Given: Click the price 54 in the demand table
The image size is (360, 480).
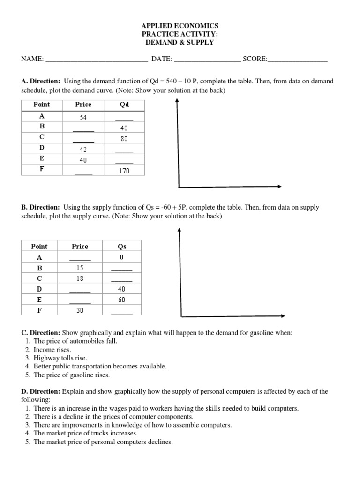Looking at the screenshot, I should pos(83,116).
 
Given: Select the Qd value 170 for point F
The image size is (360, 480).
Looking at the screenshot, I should pos(124,171).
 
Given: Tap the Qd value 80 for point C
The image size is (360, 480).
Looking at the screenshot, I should pos(124,138).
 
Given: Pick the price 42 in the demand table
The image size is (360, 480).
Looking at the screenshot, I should pos(83,150).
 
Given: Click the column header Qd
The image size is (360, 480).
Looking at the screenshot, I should pos(124,105).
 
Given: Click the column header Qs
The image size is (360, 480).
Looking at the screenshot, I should pos(122,246).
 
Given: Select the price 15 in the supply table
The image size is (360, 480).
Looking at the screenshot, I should pos(80,268).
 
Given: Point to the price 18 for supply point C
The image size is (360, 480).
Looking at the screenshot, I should pos(80,278).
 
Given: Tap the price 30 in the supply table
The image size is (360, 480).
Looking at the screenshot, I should pos(80,310).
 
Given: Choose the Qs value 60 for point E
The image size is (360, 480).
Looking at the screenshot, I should pos(122,300).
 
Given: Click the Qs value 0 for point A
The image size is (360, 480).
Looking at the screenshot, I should pos(122,257).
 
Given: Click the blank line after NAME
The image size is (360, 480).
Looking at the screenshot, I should pos(97,60).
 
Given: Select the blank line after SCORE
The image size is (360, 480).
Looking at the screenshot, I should pos(297,60).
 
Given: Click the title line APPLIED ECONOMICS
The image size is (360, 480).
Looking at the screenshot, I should pos(180,26).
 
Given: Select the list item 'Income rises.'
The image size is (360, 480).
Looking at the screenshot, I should pos(52,350).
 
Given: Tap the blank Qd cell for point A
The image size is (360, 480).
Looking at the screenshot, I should pos(124,117).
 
